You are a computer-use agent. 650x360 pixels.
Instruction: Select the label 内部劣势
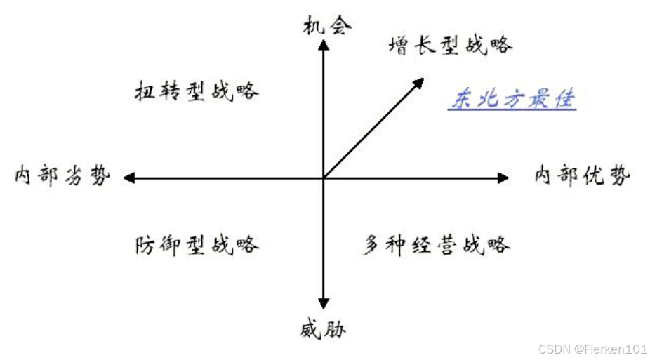tap(62, 176)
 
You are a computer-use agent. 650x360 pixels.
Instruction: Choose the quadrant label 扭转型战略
tap(197, 91)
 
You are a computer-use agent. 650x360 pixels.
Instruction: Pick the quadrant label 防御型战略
tap(197, 245)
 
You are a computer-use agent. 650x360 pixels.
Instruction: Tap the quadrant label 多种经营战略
tap(437, 245)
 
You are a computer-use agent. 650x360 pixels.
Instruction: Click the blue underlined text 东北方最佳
tap(512, 100)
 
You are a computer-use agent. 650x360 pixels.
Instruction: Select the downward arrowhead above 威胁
tap(324, 302)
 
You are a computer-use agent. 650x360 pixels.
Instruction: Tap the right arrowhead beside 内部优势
tap(503, 178)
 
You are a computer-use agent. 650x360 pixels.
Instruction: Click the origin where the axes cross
tap(324, 178)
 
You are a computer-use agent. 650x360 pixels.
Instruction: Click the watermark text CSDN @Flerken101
tap(592, 349)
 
